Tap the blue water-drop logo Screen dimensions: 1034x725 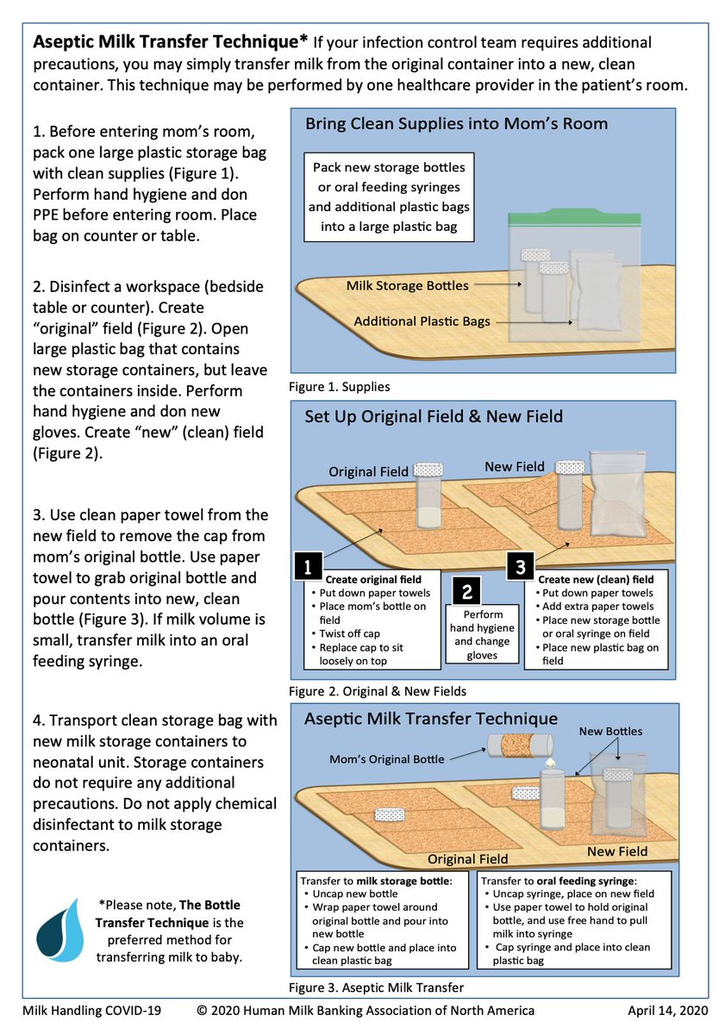tap(60, 931)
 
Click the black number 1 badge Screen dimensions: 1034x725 tap(309, 566)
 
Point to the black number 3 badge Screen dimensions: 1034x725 tap(520, 566)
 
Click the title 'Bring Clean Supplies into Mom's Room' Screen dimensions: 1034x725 tap(456, 124)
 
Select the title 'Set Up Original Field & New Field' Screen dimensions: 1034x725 tap(434, 417)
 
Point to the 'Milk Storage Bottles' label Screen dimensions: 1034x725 tap(407, 285)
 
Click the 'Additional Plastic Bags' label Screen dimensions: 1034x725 tap(422, 321)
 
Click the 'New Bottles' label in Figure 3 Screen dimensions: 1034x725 tap(611, 731)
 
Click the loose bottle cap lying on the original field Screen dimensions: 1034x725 tap(389, 815)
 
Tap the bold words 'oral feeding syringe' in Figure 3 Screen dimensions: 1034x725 tap(578, 881)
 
